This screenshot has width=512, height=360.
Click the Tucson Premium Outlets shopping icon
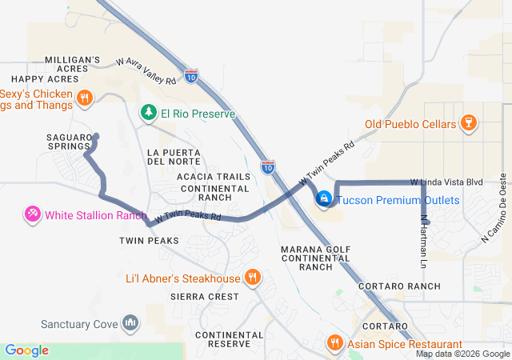point(324,198)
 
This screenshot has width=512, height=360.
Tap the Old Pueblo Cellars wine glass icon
point(470,123)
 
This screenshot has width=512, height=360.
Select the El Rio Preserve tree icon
point(148,114)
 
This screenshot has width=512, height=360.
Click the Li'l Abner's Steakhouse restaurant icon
point(253,278)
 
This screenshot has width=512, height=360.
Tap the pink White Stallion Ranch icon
point(32,214)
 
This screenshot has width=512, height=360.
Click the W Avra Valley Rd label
point(146,70)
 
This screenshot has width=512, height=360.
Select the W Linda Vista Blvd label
point(446,182)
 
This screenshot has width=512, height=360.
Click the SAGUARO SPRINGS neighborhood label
point(66,142)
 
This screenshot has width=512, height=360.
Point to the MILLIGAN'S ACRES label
point(72,64)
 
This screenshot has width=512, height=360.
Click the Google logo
point(26,350)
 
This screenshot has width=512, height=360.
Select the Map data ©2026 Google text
point(462,354)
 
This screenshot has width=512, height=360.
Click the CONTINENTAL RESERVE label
point(228,339)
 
